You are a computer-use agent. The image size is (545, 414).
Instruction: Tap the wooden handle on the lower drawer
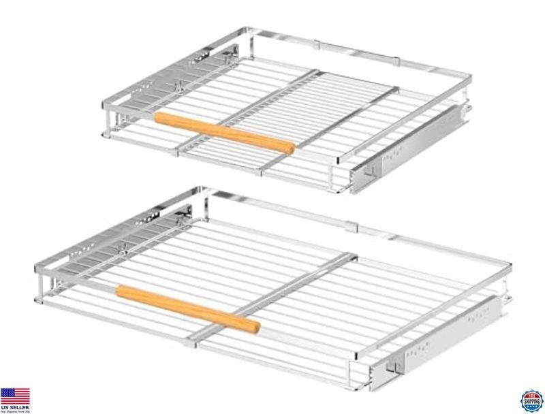(x=187, y=308)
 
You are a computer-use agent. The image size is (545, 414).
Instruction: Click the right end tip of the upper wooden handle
(x=292, y=148)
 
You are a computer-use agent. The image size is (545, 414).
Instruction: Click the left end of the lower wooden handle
(x=121, y=291)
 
